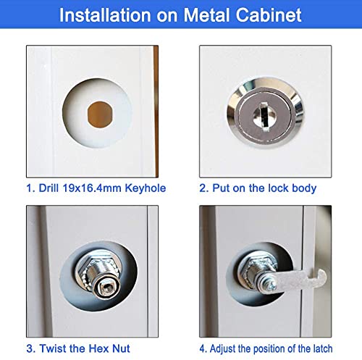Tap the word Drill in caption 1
(x=50, y=188)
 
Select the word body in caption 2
(x=303, y=188)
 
